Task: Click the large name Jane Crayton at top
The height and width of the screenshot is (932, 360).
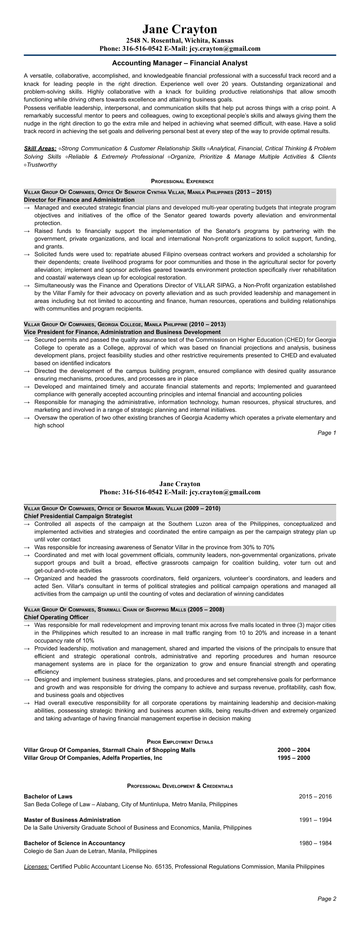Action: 180,29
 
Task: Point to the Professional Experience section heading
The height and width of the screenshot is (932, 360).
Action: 182,181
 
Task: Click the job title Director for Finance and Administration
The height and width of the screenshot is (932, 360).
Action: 79,200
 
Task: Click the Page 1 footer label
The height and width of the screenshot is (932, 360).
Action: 327,433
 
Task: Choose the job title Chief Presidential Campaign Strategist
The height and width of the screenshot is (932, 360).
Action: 78,516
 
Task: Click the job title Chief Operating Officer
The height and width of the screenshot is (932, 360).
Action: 56,617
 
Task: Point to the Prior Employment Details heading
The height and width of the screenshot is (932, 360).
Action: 180,742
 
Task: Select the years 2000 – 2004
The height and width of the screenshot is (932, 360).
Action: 294,750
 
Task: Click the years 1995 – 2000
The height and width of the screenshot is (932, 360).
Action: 294,758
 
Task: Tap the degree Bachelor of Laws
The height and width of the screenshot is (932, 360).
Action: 48,796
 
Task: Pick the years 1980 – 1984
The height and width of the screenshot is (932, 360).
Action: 315,843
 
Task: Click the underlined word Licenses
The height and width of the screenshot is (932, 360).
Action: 36,867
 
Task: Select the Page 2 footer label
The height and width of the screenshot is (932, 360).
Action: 327,899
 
